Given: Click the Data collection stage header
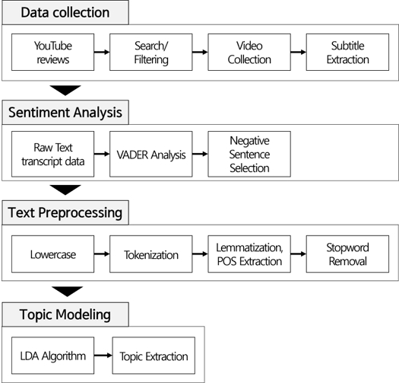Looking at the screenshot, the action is pos(65,12).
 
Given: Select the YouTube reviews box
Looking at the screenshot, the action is pos(53,53).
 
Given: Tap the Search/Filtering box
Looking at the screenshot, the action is pos(151,53).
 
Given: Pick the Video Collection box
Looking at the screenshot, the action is pos(249,53).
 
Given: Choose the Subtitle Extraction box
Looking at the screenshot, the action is pos(347,53).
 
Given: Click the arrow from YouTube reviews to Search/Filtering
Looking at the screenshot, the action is pos(102,53).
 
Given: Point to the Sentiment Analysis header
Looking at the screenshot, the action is pos(65,113).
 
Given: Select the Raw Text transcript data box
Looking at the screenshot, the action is pos(53,154).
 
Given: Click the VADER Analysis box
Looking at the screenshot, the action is pos(151,154).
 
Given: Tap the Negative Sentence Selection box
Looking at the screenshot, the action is pos(249,154).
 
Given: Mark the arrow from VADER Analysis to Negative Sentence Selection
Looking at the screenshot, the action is pos(200,154).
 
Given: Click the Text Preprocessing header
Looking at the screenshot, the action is pos(65,212).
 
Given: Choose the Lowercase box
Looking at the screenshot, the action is pos(53,254).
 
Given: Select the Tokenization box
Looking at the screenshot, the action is pos(151,254).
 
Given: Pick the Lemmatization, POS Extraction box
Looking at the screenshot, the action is pos(249,254).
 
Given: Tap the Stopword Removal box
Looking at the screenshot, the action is pos(347,254).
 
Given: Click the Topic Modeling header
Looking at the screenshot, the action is pos(65,314).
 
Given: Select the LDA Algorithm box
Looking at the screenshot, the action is pos(53,356).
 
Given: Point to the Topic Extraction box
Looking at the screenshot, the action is pos(154,356).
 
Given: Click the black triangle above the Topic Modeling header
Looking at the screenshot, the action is pos(67,291).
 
